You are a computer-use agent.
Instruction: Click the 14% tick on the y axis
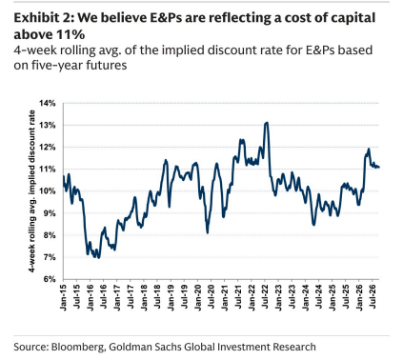[48, 103]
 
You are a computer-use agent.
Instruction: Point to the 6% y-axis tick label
[50, 279]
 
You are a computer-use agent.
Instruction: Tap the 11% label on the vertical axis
[48, 170]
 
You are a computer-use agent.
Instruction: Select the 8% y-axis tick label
[50, 235]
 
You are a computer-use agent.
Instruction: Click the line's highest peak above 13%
[267, 123]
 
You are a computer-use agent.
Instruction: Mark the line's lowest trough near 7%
[98, 258]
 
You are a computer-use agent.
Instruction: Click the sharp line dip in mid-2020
[208, 233]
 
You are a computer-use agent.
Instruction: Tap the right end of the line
[379, 168]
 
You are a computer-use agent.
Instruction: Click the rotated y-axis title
[31, 191]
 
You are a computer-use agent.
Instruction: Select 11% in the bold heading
[71, 34]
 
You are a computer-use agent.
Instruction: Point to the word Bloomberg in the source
[77, 347]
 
